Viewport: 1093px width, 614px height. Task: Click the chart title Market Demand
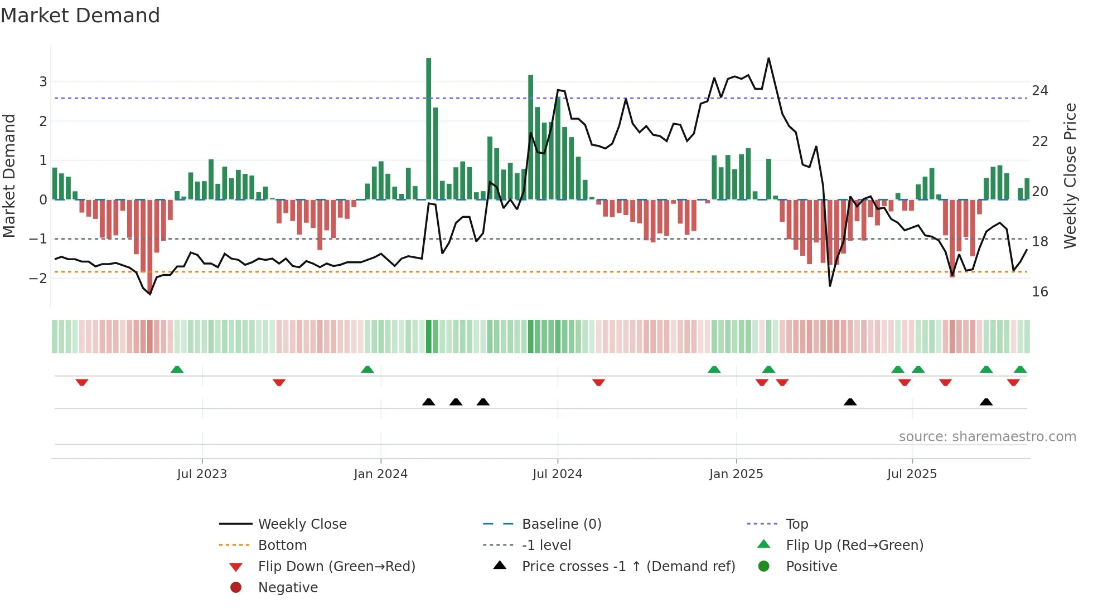[x=80, y=16]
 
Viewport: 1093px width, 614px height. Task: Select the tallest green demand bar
[x=428, y=128]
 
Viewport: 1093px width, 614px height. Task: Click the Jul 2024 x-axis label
[x=557, y=474]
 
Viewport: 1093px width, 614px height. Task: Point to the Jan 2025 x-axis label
[x=736, y=474]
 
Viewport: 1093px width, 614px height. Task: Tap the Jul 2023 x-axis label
[x=202, y=474]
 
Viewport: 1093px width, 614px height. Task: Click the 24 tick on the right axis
[x=1039, y=91]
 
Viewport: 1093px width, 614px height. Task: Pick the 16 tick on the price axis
[x=1039, y=292]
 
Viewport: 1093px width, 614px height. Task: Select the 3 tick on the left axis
[x=43, y=82]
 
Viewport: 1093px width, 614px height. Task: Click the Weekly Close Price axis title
[x=1070, y=176]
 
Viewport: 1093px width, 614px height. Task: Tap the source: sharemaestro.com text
[x=987, y=437]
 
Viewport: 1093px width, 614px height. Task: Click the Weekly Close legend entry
[x=302, y=524]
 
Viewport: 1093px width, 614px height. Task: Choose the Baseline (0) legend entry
[x=561, y=524]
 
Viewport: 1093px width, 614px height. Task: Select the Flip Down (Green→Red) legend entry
[x=336, y=567]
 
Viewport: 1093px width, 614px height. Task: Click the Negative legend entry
[x=288, y=588]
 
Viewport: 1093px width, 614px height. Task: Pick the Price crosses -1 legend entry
[x=628, y=567]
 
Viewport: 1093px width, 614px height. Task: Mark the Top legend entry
[x=796, y=524]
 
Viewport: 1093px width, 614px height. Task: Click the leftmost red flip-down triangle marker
[x=82, y=382]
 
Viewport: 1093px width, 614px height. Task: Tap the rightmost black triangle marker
[x=986, y=402]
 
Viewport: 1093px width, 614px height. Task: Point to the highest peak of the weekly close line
[x=768, y=59]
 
